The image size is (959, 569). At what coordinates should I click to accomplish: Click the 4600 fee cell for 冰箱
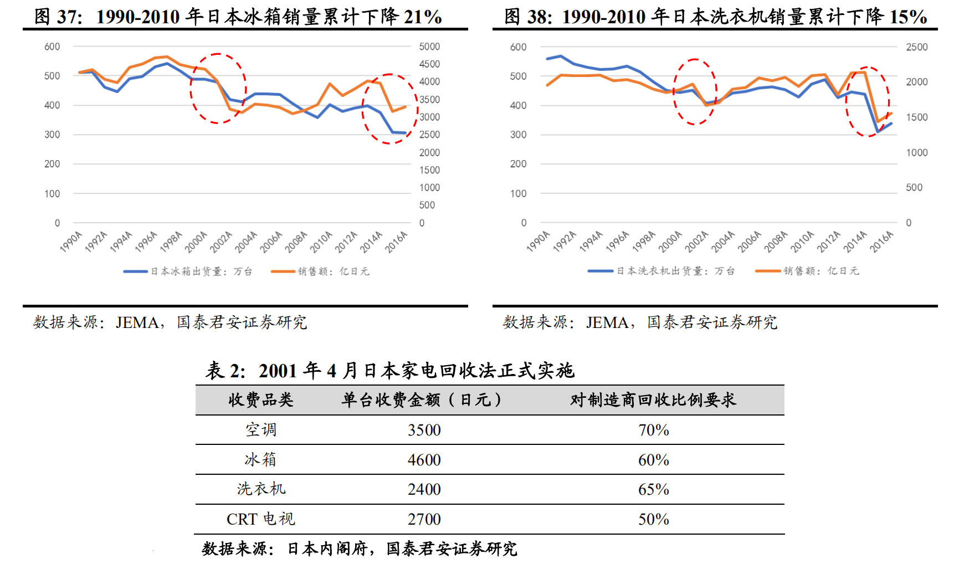pos(424,460)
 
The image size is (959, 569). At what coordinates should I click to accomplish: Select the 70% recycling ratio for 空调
pos(653,430)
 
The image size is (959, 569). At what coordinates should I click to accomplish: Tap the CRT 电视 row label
pos(260,519)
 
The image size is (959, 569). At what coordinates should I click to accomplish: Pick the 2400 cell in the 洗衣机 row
pos(424,489)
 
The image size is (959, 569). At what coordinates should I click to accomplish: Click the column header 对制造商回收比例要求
pos(653,400)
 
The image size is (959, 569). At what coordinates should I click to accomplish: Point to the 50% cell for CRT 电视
pos(653,519)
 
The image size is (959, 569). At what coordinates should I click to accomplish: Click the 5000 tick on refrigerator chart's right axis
pos(429,47)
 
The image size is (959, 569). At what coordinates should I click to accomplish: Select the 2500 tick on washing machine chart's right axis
pos(916,47)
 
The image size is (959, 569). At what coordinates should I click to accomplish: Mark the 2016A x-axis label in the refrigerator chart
pos(397,242)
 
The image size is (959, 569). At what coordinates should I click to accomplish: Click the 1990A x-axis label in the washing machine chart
pos(538,242)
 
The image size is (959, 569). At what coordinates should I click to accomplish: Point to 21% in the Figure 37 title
pos(422,17)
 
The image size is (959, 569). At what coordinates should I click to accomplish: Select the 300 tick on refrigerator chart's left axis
pos(52,135)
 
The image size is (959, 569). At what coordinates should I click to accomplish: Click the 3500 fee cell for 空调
pos(424,430)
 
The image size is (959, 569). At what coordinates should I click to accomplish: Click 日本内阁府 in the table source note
pos(327,549)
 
